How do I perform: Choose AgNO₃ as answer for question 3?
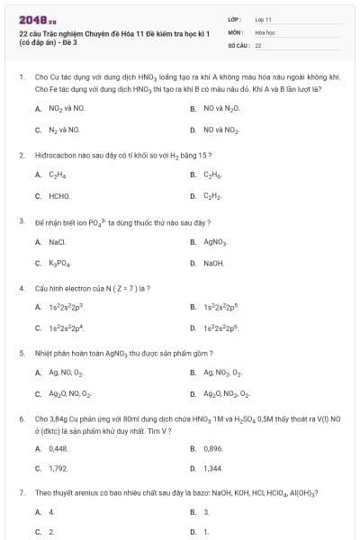tap(216, 242)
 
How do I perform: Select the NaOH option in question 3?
tap(214, 263)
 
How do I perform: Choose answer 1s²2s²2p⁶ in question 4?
tap(222, 328)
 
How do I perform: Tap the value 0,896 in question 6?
tap(213, 447)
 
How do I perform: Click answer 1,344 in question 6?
tap(213, 468)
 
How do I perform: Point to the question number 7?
tap(21, 492)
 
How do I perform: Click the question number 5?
tap(21, 353)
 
